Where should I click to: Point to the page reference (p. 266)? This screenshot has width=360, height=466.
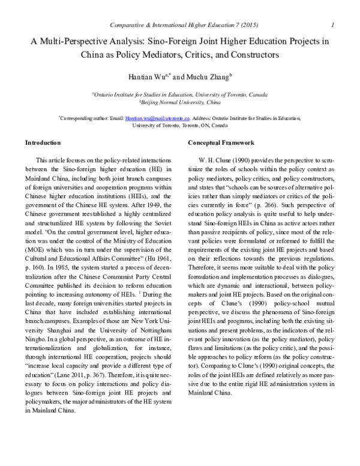point(248,202)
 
